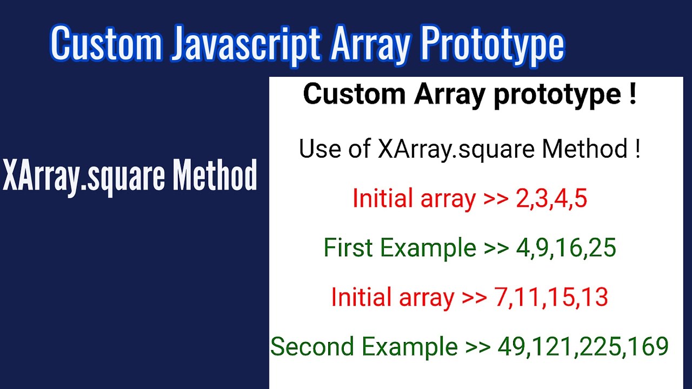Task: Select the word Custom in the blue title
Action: pyautogui.click(x=106, y=44)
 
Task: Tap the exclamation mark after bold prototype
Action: pyautogui.click(x=632, y=94)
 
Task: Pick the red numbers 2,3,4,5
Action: pyautogui.click(x=551, y=199)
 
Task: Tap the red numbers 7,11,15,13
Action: pyautogui.click(x=551, y=298)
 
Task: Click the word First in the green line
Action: pyautogui.click(x=348, y=248)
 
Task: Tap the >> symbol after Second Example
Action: pyautogui.click(x=478, y=347)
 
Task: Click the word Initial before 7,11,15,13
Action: pyautogui.click(x=357, y=298)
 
